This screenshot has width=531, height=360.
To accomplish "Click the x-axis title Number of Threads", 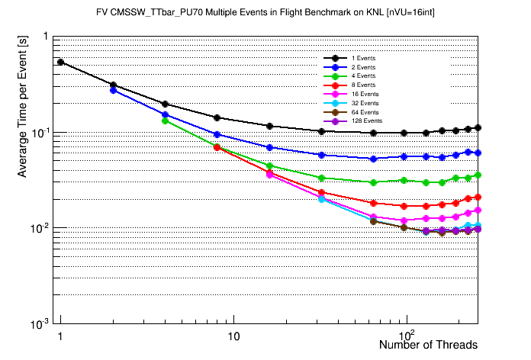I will pos(428,345).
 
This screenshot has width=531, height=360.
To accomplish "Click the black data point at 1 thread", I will pos(60,62).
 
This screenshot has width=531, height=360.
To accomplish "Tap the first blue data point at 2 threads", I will pos(113,90).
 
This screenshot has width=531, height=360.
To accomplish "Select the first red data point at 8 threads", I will pos(217,147).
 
